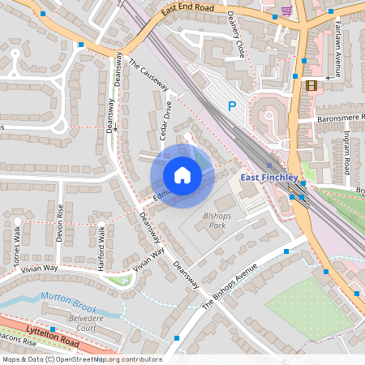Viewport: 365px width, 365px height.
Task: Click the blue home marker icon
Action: click(182, 175)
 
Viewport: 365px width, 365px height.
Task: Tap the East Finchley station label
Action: click(270, 178)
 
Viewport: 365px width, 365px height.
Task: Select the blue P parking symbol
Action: click(232, 105)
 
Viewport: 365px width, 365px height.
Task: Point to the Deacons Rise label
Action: click(18, 342)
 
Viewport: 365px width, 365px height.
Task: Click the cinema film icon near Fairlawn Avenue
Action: click(311, 85)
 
